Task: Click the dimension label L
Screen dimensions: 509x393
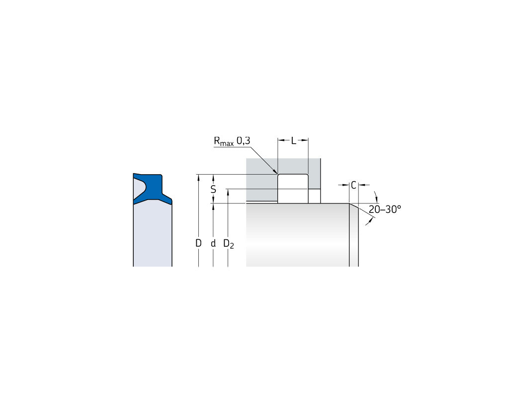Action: tap(293, 141)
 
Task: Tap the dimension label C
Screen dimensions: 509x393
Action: tap(354, 185)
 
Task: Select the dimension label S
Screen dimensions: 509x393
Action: tap(213, 189)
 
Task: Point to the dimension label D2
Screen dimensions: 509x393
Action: tap(229, 244)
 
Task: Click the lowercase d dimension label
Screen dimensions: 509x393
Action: tap(213, 243)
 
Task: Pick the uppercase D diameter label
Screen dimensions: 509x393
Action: tap(198, 243)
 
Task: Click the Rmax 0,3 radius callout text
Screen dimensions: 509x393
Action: tap(232, 141)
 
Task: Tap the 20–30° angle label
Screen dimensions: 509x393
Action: tap(385, 209)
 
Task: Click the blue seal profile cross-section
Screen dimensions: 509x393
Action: tap(153, 189)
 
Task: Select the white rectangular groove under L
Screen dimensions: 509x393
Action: tap(293, 189)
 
